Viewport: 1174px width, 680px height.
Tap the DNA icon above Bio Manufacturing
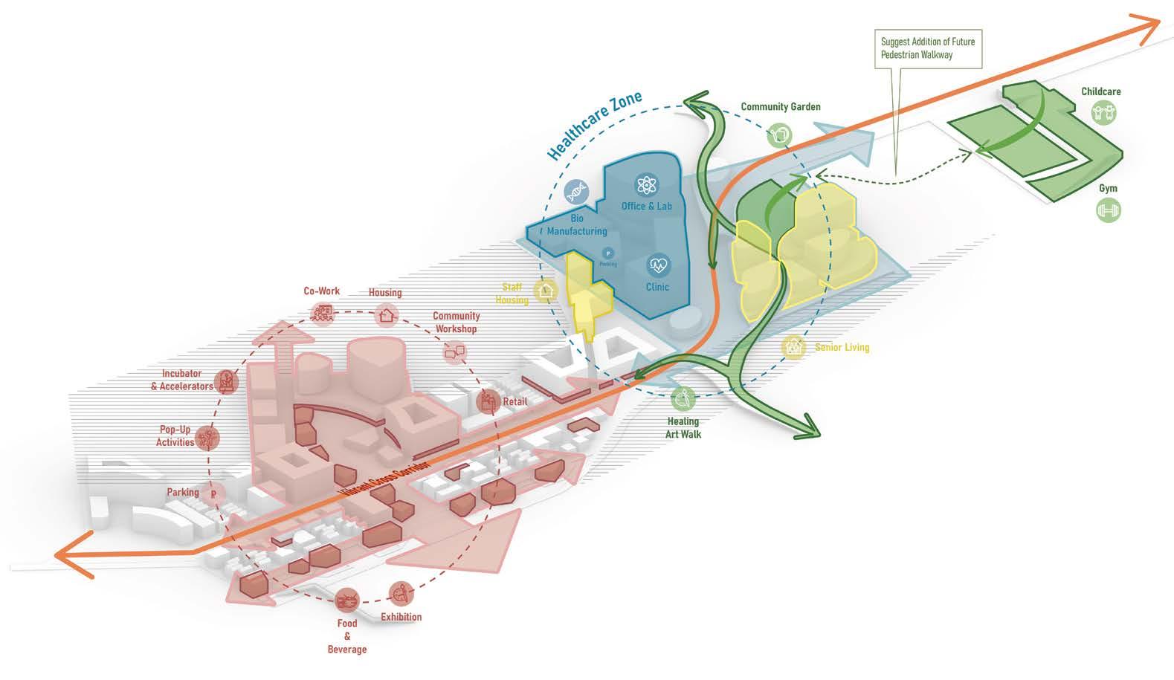coord(576,192)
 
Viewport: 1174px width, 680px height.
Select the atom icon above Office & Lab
coord(646,185)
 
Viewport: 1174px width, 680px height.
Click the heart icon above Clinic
coord(658,264)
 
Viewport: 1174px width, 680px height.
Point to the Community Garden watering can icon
coord(780,135)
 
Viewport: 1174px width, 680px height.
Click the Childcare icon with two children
coord(1104,113)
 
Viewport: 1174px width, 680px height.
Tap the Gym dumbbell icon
coord(1108,210)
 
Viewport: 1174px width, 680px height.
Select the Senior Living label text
coord(842,347)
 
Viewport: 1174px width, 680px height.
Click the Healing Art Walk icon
coord(683,399)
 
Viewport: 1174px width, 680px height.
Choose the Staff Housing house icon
coord(547,291)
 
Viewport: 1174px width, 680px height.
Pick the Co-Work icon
coord(323,313)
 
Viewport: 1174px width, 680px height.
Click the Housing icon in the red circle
coord(385,315)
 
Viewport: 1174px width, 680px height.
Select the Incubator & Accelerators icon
coord(228,381)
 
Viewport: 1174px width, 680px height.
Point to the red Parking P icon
coord(213,493)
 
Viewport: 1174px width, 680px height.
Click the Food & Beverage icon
coord(346,599)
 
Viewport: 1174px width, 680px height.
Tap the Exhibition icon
coord(401,593)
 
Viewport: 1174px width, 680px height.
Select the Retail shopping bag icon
coord(488,402)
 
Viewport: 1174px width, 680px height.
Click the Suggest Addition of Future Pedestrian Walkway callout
coord(927,48)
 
